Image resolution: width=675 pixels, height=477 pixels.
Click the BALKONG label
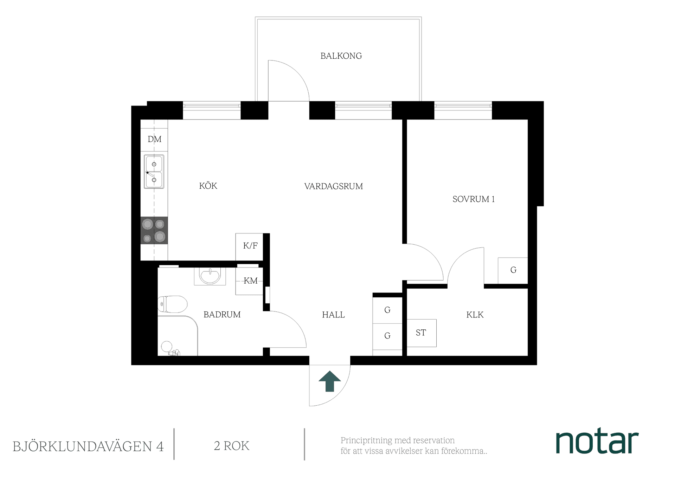341,56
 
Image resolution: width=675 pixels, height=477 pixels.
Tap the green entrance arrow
330,381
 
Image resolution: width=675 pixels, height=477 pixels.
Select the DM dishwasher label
154,139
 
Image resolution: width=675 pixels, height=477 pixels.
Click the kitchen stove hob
154,230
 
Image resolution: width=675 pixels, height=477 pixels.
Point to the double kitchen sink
154,172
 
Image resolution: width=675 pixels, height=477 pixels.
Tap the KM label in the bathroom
251,281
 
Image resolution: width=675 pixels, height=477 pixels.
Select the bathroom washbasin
210,276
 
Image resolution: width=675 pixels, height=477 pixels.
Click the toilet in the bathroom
172,304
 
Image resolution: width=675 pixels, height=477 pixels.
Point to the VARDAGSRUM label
333,186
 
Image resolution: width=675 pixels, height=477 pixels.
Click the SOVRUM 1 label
474,199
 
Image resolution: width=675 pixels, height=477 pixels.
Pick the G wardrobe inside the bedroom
513,270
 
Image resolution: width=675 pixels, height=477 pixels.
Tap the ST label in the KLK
421,333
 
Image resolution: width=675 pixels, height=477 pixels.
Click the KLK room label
475,315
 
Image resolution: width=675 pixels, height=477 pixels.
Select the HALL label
333,315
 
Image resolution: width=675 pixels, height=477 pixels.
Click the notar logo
597,441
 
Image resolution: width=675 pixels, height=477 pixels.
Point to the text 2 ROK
232,446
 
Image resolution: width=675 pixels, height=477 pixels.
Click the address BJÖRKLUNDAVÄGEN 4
88,446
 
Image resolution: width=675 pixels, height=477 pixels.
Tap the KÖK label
208,186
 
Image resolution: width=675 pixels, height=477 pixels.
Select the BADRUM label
222,315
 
